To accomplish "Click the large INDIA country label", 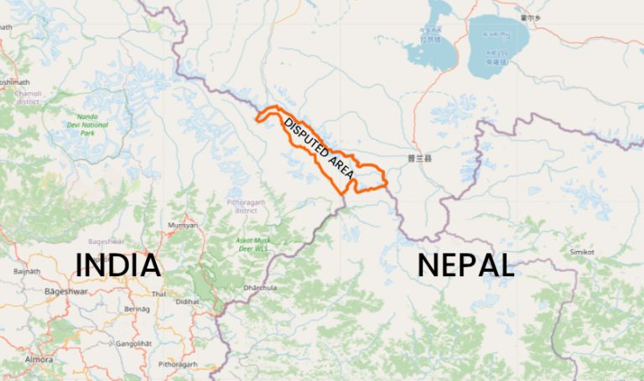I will (118, 265).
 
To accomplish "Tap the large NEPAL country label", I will (465, 265).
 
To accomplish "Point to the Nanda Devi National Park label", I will (87, 125).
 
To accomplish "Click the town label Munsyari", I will (183, 225).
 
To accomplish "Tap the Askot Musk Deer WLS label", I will (252, 244).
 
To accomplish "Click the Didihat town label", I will (189, 300).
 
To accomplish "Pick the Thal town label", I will (158, 294).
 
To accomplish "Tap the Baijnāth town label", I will (27, 271).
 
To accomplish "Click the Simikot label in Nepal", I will (582, 252).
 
